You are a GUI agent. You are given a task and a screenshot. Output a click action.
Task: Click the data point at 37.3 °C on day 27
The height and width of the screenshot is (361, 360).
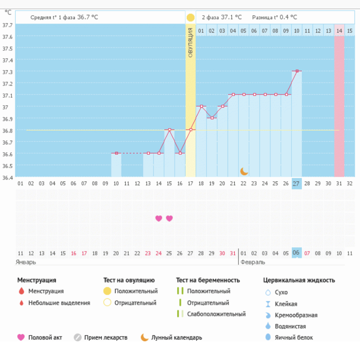click(297, 71)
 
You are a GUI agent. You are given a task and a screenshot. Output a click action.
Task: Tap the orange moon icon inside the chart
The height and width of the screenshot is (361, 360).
click(244, 171)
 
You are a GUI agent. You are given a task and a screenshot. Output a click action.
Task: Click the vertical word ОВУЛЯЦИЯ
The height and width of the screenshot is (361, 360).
click(191, 43)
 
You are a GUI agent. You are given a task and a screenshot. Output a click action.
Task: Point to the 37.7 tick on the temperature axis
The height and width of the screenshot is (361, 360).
click(7, 25)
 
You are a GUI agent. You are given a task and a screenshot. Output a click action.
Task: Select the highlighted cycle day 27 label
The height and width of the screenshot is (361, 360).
click(297, 183)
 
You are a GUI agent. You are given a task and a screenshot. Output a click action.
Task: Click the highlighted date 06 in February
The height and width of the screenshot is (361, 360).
click(297, 253)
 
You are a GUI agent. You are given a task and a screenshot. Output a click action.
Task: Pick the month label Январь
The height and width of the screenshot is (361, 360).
click(26, 262)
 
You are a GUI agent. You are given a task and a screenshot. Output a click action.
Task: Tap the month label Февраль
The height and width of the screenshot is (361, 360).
click(252, 262)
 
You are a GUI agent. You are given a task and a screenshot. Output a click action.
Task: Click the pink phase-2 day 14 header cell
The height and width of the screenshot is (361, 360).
click(339, 31)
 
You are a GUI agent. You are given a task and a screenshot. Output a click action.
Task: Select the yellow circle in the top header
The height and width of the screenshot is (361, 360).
click(191, 18)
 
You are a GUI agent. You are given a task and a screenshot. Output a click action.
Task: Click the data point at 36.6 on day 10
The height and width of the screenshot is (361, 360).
click(117, 153)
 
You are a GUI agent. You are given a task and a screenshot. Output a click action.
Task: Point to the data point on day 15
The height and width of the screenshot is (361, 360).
click(169, 130)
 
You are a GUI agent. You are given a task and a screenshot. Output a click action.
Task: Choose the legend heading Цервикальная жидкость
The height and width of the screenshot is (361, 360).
click(299, 280)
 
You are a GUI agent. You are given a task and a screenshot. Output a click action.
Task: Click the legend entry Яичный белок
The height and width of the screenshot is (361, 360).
click(293, 337)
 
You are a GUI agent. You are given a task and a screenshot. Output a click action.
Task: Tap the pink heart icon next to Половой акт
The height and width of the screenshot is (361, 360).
click(21, 337)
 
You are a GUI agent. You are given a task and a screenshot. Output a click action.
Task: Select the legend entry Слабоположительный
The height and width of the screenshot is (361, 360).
click(216, 314)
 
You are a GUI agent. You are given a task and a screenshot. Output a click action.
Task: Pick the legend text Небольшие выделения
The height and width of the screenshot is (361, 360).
click(59, 303)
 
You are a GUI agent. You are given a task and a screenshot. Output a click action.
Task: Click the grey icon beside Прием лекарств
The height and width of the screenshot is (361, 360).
click(78, 337)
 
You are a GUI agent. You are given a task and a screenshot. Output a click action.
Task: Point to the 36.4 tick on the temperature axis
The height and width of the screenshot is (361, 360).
click(7, 178)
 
